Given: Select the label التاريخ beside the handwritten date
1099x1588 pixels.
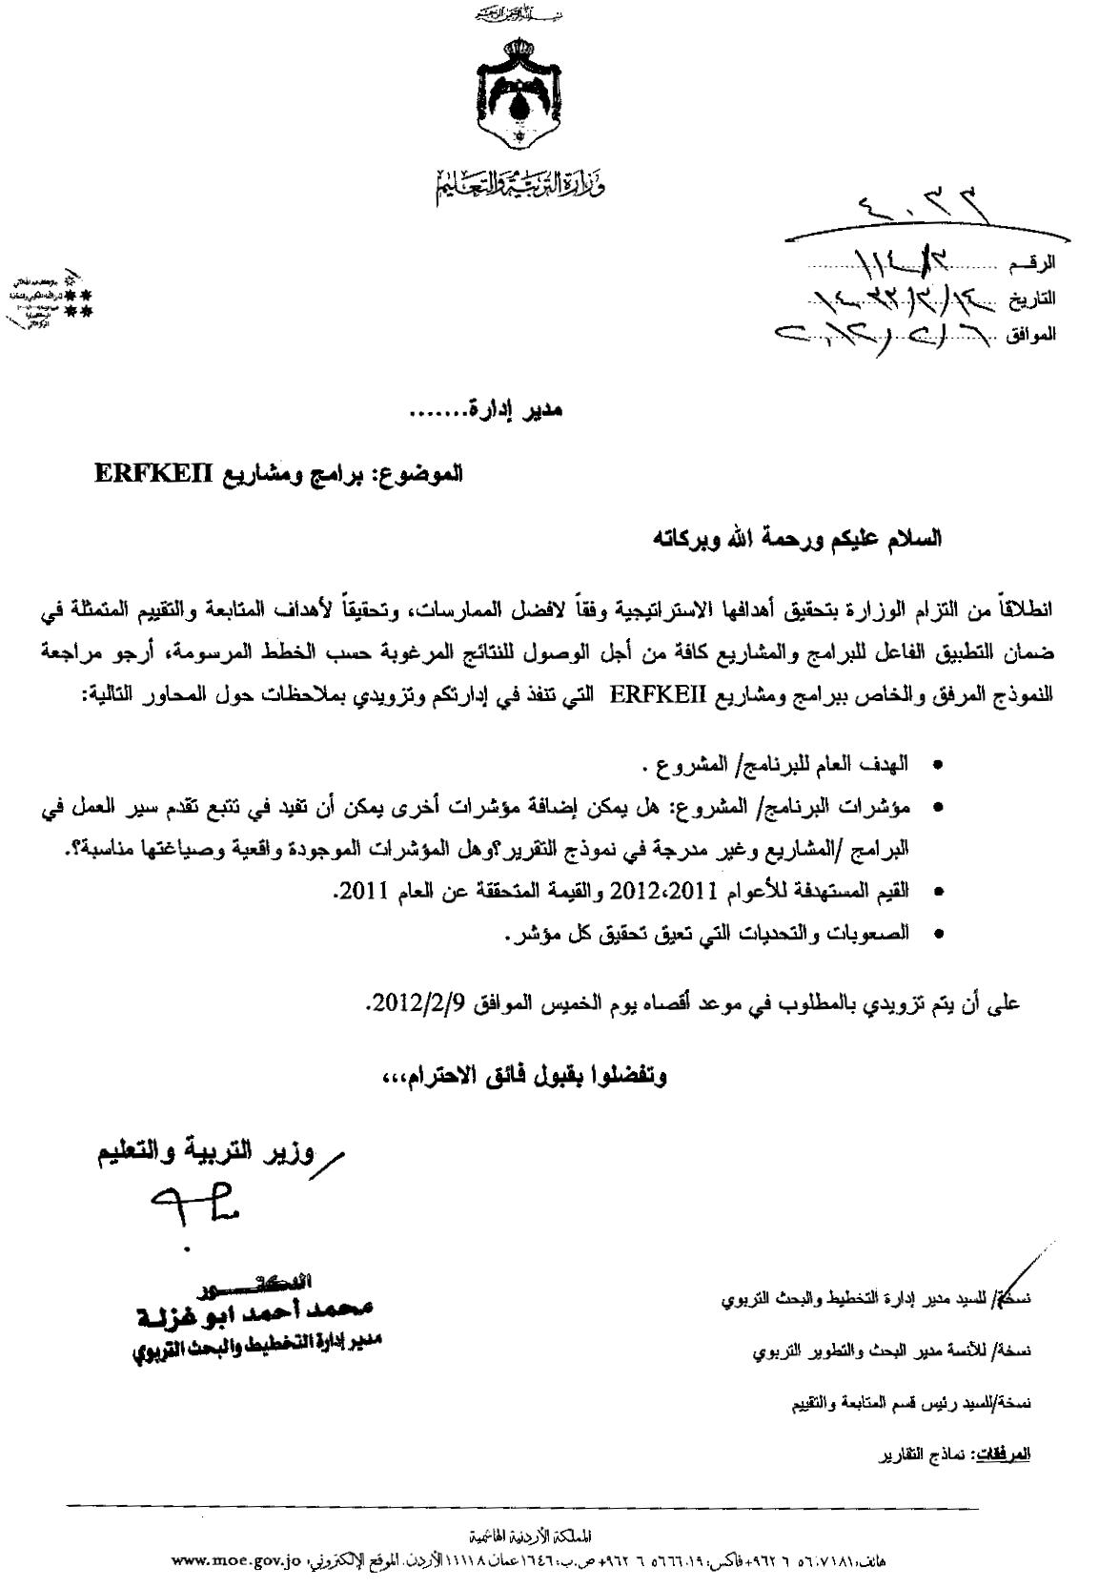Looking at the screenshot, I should point(1035,298).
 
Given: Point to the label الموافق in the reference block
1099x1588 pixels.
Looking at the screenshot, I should point(1033,335).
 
